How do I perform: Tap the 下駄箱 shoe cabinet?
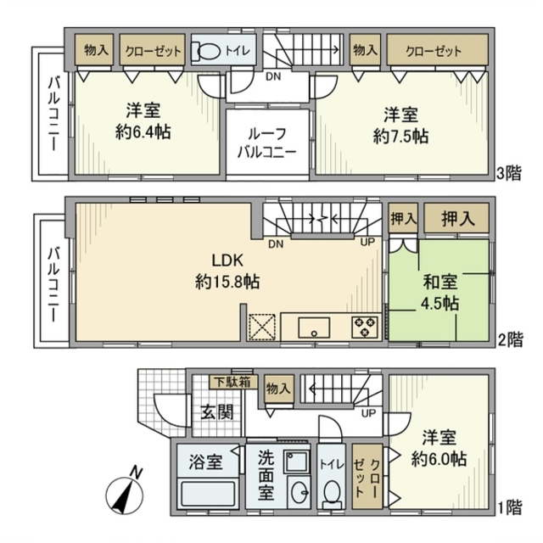point(231,383)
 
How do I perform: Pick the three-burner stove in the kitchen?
point(366,326)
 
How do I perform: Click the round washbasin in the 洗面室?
point(298,492)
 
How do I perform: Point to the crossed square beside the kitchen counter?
point(261,327)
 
